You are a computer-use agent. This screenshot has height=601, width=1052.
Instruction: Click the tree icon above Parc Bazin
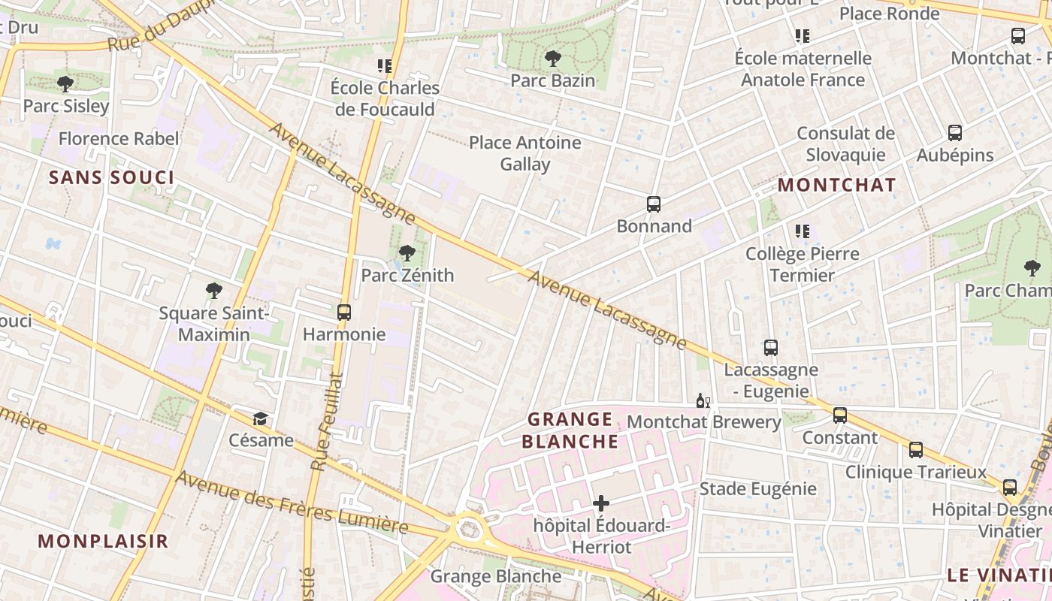[x=552, y=58]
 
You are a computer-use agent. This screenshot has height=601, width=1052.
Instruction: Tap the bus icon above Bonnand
[x=654, y=204]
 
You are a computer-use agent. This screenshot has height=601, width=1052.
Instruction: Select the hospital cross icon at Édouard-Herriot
[x=601, y=503]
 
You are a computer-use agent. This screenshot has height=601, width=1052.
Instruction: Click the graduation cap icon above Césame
[x=260, y=418]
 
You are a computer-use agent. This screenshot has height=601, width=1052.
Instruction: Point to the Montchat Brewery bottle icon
[x=703, y=400]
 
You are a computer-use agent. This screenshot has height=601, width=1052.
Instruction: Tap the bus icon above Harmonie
[x=344, y=312]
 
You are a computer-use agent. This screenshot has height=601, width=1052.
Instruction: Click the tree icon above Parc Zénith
[x=407, y=253]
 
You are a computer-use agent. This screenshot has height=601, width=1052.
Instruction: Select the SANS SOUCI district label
[x=111, y=178]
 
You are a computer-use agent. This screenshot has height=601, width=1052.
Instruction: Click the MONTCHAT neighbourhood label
[x=836, y=185]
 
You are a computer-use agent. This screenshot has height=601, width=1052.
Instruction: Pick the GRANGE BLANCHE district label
[x=570, y=430]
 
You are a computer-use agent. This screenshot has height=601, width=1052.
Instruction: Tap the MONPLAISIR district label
[x=103, y=541]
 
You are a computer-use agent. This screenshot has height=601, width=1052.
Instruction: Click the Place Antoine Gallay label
[x=525, y=153]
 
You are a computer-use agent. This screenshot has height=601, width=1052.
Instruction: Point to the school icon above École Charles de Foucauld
[x=385, y=66]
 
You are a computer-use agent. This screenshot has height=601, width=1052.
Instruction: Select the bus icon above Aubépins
[x=955, y=133]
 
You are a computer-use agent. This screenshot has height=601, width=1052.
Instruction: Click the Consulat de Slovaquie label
[x=845, y=144]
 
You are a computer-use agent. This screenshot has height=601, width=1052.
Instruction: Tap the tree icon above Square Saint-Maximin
[x=214, y=291]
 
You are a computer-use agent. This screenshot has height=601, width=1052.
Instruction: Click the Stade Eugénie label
[x=757, y=489]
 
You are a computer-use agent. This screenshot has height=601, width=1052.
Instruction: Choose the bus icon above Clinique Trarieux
[x=916, y=450]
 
